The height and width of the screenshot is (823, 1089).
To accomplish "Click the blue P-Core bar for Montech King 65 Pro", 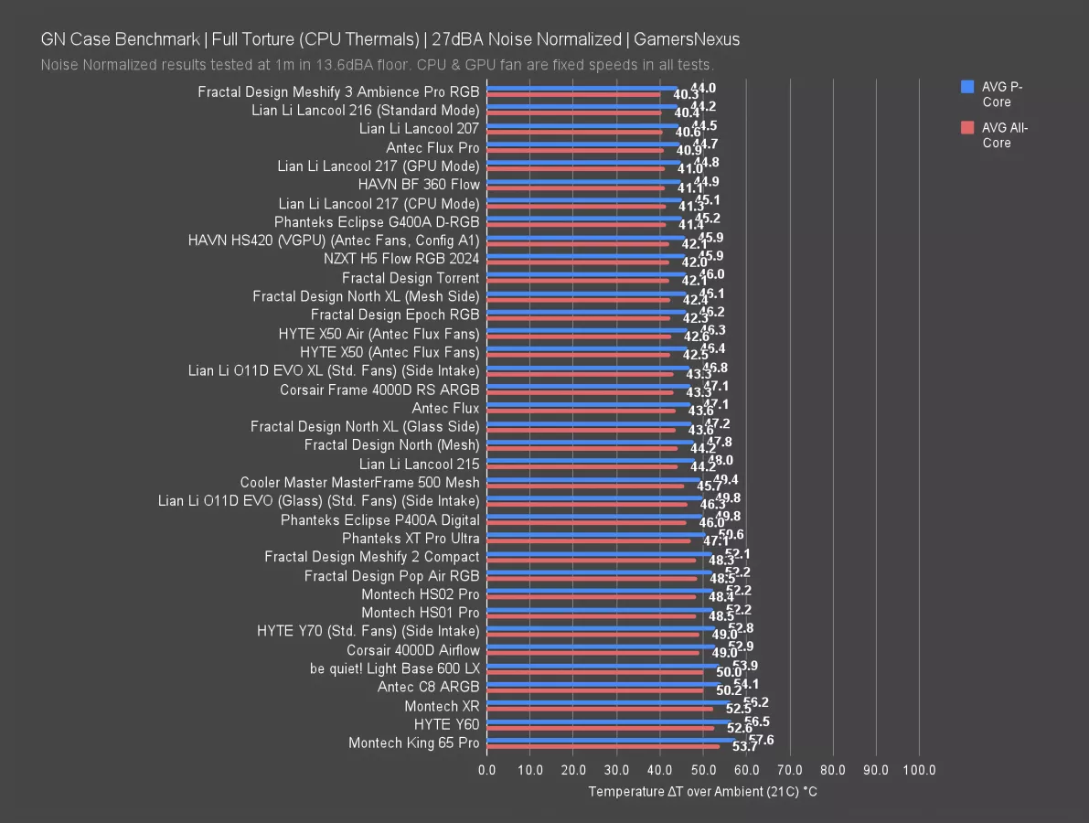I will pos(611,740).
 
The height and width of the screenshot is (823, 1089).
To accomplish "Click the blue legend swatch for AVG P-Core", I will pos(967,87).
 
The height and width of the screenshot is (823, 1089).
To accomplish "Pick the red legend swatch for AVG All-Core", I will pos(967,128).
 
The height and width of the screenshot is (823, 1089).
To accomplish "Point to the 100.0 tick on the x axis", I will pos(919,770).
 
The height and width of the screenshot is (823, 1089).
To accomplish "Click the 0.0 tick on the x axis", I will pos(487,770).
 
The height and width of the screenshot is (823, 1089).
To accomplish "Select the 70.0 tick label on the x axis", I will pos(789,770).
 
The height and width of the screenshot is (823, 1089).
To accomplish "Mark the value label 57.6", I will pos(761,740).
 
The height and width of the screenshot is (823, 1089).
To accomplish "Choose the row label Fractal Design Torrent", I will pos(411,278).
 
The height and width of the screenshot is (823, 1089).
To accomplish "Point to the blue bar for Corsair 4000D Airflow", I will pos(601,647).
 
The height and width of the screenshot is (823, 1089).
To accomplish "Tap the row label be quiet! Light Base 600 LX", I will pos(395,668).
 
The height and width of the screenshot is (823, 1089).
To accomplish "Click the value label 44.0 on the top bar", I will pos(703,88).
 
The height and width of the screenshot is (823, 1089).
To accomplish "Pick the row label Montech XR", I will pos(442,706).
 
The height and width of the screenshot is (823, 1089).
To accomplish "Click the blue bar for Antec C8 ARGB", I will pos(603,684).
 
